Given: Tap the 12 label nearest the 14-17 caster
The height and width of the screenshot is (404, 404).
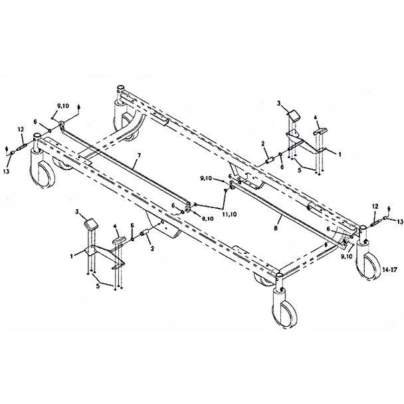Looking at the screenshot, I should click(375, 207).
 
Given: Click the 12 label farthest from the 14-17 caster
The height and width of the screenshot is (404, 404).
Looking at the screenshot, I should click(21, 129).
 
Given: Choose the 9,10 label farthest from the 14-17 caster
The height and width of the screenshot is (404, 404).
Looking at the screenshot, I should click(64, 105).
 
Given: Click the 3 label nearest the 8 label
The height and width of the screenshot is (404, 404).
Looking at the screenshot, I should click(280, 104).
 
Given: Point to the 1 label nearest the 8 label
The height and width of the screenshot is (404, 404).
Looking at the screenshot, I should click(340, 153).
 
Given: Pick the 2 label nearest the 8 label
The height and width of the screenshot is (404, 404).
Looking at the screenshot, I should click(263, 144).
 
